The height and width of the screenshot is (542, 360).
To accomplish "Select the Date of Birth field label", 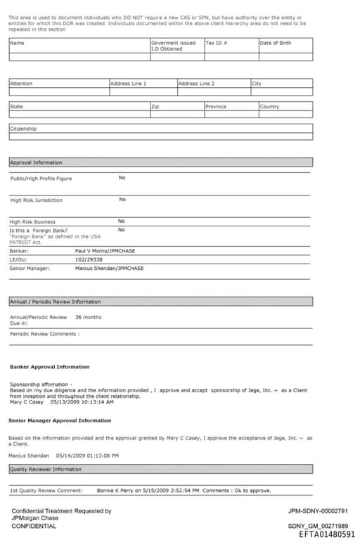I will (275, 43).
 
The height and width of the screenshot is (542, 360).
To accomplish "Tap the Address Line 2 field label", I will (196, 84).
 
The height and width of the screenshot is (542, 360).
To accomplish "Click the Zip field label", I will (155, 107).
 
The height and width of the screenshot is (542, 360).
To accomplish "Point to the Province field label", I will (215, 107).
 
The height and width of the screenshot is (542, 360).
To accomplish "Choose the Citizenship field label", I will (23, 129).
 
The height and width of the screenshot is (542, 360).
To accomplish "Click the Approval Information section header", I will (36, 162).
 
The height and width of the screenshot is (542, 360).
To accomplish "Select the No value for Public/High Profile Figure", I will (122, 178).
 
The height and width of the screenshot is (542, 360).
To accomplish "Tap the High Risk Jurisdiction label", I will (36, 200).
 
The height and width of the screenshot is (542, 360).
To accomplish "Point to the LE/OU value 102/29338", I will (89, 259).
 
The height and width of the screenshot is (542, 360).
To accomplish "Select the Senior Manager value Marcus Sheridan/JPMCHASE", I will (109, 268).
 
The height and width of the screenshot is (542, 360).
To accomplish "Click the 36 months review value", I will (88, 317).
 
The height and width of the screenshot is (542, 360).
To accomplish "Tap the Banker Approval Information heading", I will (49, 367).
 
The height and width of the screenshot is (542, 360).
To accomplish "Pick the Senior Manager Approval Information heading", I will (60, 420).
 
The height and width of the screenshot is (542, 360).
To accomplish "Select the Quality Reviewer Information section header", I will (45, 469).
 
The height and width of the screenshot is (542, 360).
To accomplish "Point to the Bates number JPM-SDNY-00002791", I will (318, 511).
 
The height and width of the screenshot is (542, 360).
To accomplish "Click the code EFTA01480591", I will (327, 534).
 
